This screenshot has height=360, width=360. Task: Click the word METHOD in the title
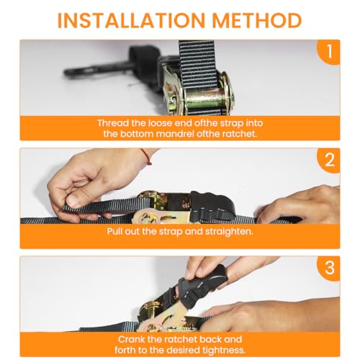click(x=257, y=20)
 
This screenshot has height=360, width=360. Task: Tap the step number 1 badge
click(x=329, y=52)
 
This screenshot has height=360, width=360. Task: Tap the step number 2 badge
click(x=329, y=160)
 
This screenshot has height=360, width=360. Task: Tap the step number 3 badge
click(x=329, y=268)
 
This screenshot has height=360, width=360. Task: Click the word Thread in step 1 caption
click(x=113, y=123)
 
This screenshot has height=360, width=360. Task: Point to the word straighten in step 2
click(x=229, y=232)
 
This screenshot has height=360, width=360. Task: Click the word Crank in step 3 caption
click(x=131, y=339)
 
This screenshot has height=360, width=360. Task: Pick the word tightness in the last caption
click(x=224, y=351)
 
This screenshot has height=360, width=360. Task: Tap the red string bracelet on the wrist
click(x=146, y=156)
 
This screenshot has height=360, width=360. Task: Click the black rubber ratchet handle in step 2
click(x=212, y=206)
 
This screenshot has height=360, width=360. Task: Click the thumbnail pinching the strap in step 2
click(x=73, y=201)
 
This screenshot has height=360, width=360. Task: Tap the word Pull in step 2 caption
click(x=114, y=232)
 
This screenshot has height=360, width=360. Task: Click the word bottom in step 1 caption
click(x=136, y=134)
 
